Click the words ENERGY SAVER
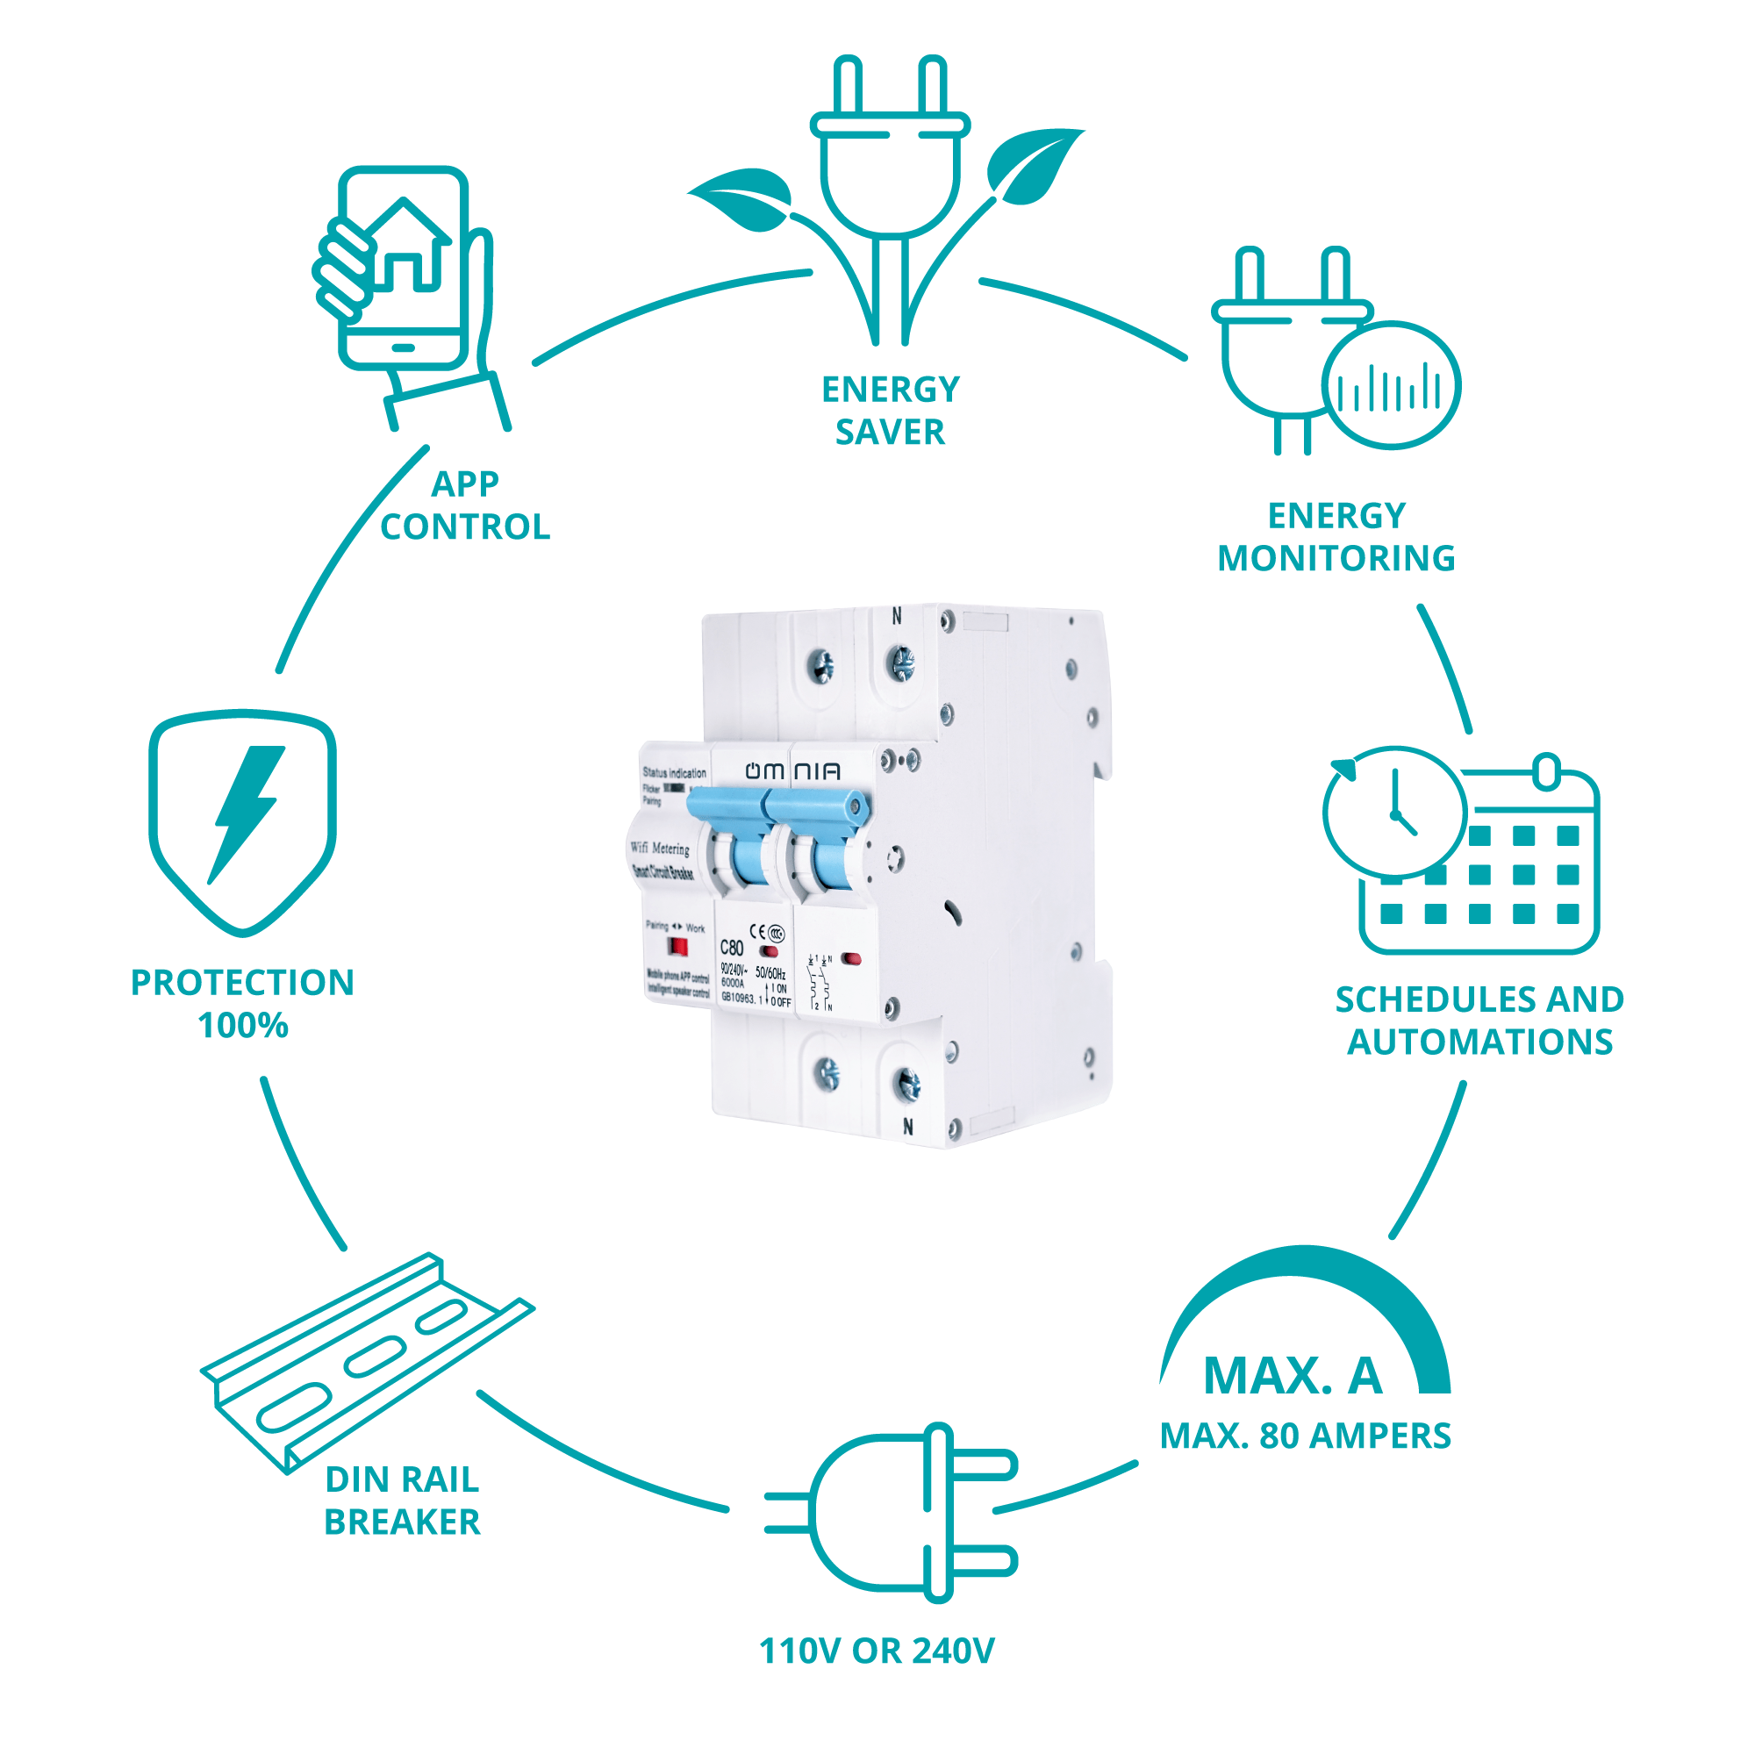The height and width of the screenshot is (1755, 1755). tap(889, 411)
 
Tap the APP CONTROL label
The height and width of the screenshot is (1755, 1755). tap(465, 505)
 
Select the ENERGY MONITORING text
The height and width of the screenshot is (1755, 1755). tap(1336, 537)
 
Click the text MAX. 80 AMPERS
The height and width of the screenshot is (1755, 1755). tap(1306, 1436)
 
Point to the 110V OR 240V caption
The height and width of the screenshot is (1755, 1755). tap(877, 1651)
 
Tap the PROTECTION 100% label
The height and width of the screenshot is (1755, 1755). tap(242, 1004)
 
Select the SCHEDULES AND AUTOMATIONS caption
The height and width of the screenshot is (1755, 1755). tap(1479, 1021)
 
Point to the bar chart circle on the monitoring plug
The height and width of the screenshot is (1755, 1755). tap(1390, 385)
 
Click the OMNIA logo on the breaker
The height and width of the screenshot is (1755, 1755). tap(792, 771)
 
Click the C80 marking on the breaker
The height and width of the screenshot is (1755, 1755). tap(732, 948)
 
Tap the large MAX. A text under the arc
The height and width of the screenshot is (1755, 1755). tap(1293, 1375)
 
